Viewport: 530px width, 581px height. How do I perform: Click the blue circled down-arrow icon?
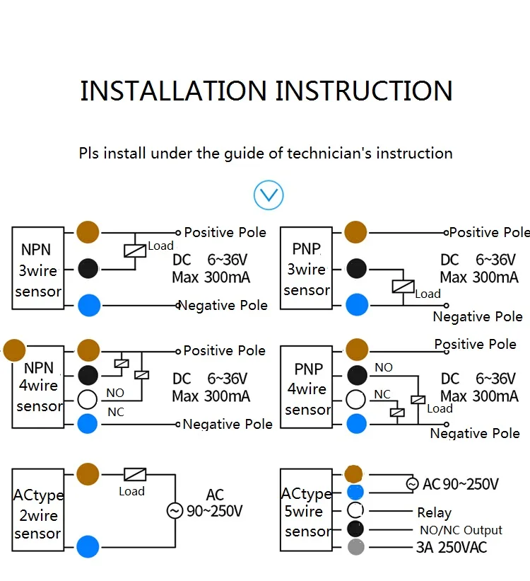tap(269, 195)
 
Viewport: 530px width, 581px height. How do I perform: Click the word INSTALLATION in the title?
tap(173, 91)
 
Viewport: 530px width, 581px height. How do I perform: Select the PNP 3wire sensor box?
tap(306, 269)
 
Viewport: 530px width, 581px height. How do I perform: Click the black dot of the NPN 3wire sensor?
tap(88, 269)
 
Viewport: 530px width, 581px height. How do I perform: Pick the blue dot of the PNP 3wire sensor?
tap(356, 306)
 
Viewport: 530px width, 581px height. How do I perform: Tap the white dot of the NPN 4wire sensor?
tap(88, 399)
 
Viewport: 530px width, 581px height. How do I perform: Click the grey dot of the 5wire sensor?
tap(355, 546)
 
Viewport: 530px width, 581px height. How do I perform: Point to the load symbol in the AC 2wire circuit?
tap(135, 474)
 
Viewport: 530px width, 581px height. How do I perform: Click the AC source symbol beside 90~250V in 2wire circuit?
tap(175, 510)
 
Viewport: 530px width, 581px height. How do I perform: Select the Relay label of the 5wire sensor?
tap(434, 512)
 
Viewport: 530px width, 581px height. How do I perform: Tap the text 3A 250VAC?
tap(451, 547)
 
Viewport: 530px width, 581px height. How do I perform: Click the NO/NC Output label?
tap(460, 530)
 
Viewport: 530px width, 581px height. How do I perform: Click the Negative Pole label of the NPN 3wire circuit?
tap(224, 306)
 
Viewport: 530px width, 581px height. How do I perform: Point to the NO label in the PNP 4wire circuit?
tap(384, 367)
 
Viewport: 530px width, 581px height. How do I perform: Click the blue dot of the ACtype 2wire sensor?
tap(88, 546)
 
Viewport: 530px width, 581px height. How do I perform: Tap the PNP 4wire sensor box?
tap(307, 389)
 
